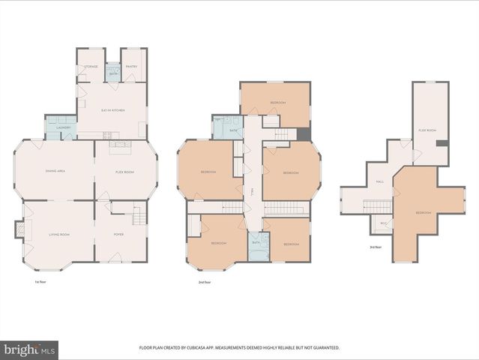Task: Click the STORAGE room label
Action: [x=91, y=66]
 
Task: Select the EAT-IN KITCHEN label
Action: [x=112, y=110]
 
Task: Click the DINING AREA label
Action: [x=55, y=171]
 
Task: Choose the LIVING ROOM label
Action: [x=58, y=235]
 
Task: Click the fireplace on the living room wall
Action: [x=19, y=229]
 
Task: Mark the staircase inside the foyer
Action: [x=138, y=217]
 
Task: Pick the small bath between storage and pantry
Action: [x=113, y=73]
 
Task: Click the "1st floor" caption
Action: [x=41, y=282]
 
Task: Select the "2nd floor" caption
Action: [x=204, y=282]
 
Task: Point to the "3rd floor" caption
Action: [x=375, y=247]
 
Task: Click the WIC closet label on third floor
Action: [x=383, y=223]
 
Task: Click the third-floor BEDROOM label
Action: [x=424, y=212]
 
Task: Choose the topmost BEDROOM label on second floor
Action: [x=278, y=102]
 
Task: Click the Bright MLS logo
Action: [x=29, y=349]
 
